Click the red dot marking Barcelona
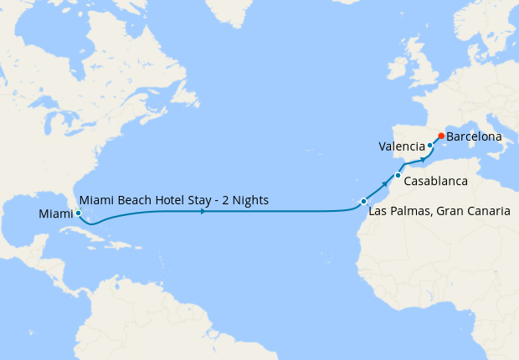[441, 136]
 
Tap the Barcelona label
[474, 136]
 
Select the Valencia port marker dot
[429, 146]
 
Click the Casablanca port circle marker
[398, 176]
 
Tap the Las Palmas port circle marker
[363, 201]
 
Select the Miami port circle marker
[78, 213]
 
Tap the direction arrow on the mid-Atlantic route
[203, 212]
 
